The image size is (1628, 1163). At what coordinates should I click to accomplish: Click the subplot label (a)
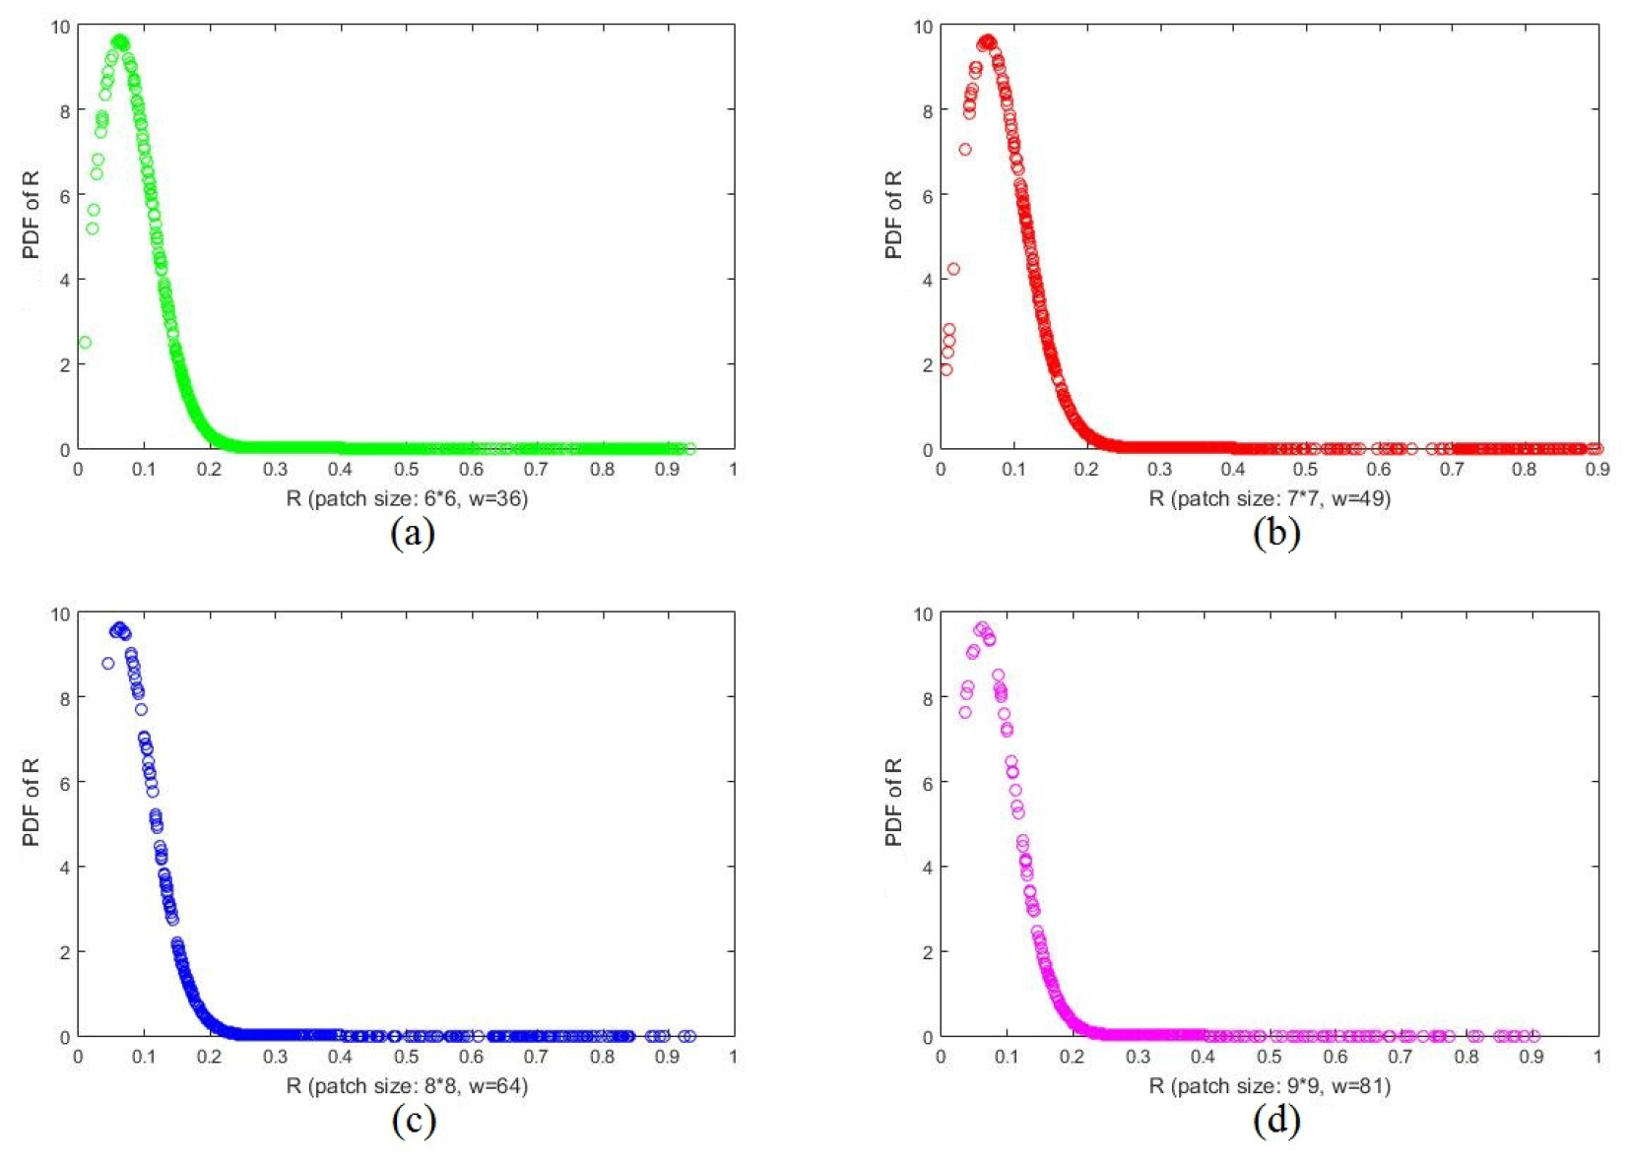click(413, 533)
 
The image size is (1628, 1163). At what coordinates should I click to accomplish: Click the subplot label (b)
click(1276, 533)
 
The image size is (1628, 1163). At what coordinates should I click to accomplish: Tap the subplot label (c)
click(413, 1121)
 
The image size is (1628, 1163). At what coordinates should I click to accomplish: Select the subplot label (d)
click(1276, 1121)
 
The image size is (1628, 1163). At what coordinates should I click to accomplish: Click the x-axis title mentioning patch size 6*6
click(407, 498)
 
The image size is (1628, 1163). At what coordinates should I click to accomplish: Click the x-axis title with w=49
click(1270, 498)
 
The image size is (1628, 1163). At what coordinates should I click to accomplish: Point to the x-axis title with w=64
click(407, 1085)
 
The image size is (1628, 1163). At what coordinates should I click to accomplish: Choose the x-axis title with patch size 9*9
click(1270, 1085)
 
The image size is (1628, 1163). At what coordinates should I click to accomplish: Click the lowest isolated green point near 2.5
click(85, 343)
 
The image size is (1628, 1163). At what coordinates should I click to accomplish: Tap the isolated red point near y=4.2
click(953, 269)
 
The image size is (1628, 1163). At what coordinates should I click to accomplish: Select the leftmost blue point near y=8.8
click(108, 664)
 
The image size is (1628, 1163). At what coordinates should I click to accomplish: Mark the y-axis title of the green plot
click(31, 215)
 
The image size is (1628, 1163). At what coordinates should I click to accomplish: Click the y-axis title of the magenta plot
click(893, 802)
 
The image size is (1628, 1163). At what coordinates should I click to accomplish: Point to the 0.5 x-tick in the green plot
click(406, 470)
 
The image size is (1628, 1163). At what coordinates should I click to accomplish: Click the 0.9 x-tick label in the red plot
click(1596, 470)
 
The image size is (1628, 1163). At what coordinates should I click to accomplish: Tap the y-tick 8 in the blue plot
click(65, 697)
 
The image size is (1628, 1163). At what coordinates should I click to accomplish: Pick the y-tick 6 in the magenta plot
click(928, 782)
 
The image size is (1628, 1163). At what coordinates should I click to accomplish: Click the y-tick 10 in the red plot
click(923, 27)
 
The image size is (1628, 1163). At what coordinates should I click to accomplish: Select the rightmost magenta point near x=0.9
click(1534, 1036)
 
